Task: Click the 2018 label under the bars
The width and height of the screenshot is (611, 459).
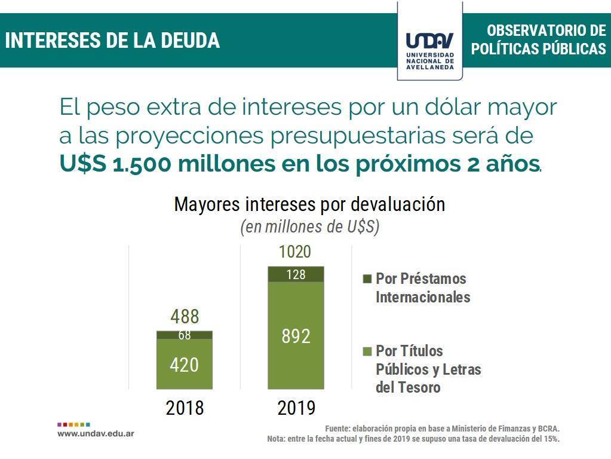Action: click(185, 408)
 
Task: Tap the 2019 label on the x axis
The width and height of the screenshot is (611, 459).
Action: click(296, 408)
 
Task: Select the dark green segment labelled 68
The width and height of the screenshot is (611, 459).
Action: click(185, 335)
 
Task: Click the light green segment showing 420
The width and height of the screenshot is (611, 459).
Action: click(185, 365)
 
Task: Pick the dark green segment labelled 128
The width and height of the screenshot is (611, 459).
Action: click(296, 274)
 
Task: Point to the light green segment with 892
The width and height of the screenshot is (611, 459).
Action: click(296, 336)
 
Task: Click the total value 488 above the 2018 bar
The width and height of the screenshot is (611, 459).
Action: click(185, 317)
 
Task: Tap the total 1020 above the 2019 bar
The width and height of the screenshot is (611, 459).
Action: click(295, 252)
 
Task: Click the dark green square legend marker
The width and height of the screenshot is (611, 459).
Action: click(367, 279)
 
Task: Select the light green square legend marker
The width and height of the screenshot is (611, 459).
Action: click(367, 351)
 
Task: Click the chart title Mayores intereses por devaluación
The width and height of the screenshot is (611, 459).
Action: click(309, 204)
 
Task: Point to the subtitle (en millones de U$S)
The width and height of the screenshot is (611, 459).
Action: click(309, 228)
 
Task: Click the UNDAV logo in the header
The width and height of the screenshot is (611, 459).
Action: click(429, 42)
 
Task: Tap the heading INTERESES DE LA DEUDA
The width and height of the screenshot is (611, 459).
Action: click(113, 41)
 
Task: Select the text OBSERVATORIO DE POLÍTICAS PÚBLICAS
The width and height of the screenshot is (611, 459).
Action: click(538, 40)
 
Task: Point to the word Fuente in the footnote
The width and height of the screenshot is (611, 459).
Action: click(337, 429)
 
